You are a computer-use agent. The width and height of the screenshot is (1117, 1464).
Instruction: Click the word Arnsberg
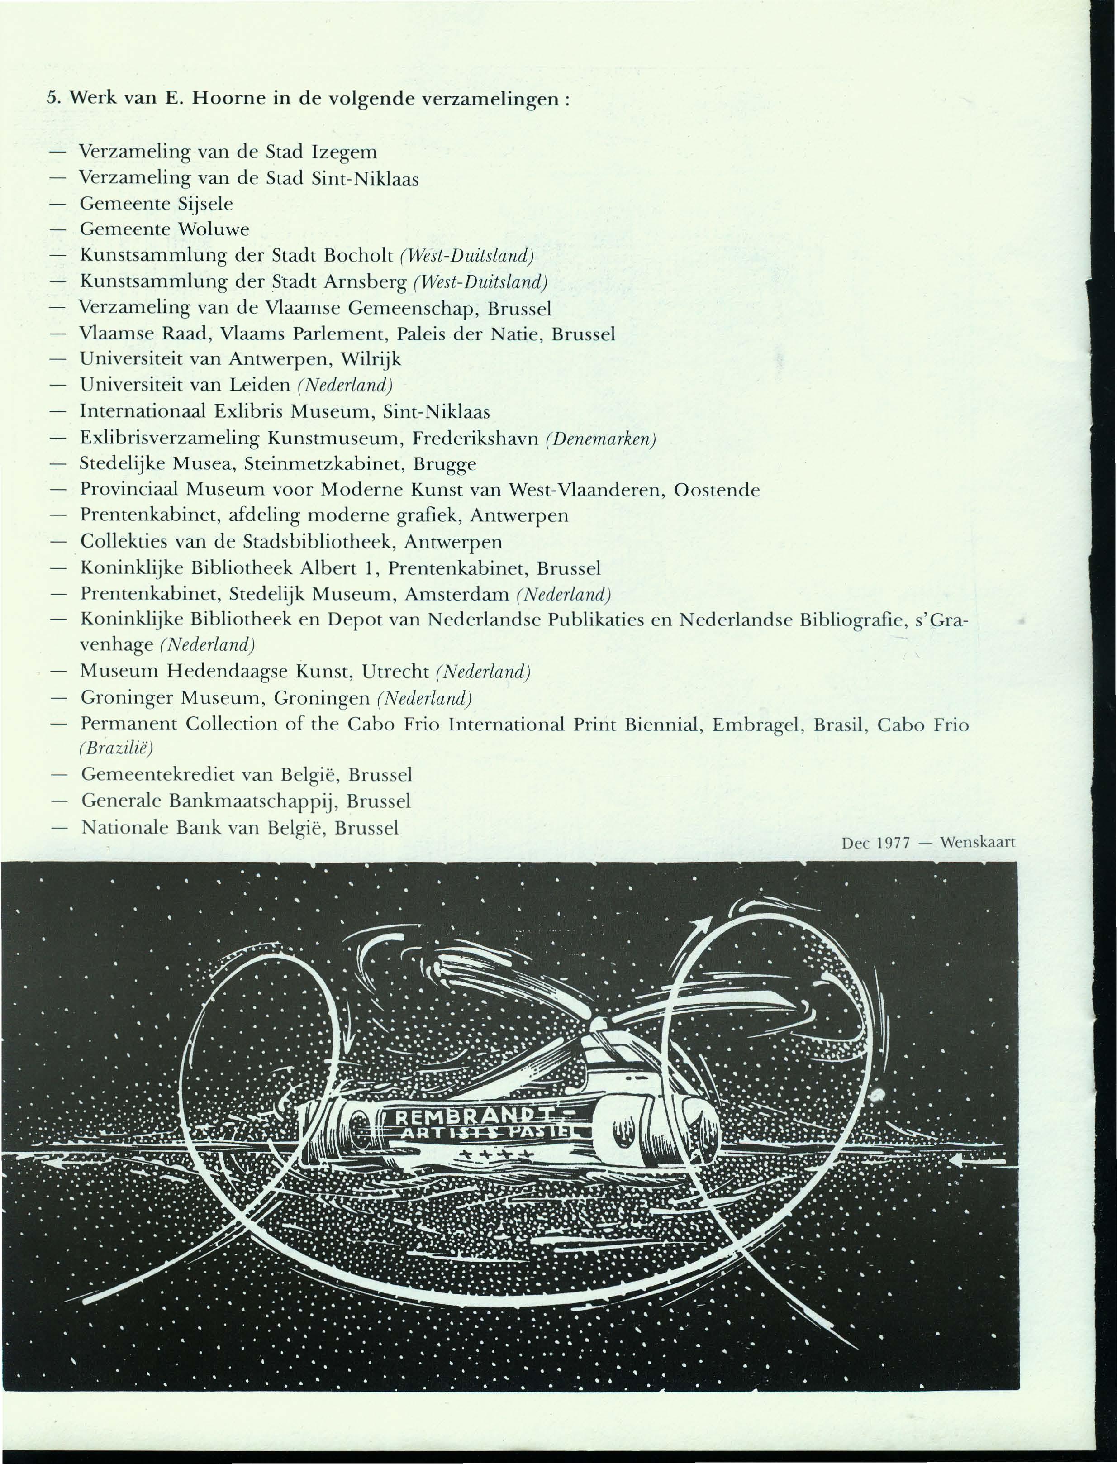point(365,283)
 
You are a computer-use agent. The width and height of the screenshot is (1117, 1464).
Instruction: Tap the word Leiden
point(260,386)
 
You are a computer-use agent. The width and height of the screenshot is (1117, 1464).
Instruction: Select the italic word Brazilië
point(116,749)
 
